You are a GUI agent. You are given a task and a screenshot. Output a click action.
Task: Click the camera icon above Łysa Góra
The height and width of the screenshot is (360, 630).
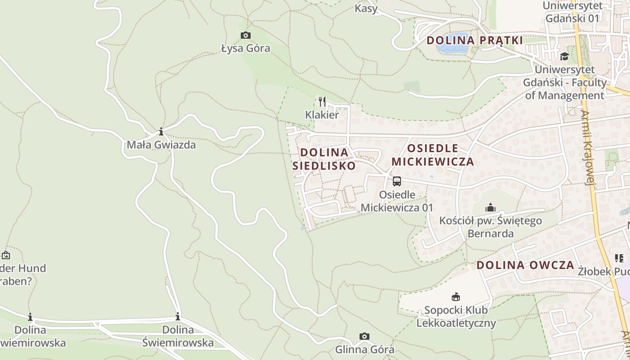point(245,35)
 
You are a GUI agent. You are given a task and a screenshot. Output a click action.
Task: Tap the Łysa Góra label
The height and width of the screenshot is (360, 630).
point(246,48)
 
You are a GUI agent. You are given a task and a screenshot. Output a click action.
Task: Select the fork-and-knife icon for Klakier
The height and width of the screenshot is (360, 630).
point(322,102)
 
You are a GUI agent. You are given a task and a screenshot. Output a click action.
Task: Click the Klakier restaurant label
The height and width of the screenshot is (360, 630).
point(322,115)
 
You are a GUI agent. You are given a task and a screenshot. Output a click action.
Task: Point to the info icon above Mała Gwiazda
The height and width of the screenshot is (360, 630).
point(161,132)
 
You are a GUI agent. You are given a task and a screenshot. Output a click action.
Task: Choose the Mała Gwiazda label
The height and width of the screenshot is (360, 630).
point(161,145)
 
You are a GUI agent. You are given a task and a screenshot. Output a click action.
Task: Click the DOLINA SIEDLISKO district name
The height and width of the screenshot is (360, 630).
point(324,159)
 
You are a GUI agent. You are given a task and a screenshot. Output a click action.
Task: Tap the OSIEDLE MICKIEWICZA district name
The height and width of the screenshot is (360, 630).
point(433,155)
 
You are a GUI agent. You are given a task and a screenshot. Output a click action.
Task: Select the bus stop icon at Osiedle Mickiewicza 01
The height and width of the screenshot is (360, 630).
point(396,181)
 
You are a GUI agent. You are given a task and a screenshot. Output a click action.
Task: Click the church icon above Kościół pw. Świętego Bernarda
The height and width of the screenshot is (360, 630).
point(490,208)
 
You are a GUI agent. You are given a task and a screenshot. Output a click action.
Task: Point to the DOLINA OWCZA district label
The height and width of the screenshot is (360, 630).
point(525,265)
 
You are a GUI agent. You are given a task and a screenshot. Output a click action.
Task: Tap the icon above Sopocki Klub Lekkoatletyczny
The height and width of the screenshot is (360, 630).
point(456,297)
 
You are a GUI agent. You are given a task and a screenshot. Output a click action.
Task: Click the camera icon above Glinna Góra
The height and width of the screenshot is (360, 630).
point(364,336)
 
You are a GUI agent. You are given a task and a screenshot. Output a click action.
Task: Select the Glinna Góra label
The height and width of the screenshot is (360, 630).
point(364,349)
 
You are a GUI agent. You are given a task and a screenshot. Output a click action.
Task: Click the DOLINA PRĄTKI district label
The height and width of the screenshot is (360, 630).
point(475,40)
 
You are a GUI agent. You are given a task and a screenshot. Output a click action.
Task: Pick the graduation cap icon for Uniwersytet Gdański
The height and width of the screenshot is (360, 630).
point(564,56)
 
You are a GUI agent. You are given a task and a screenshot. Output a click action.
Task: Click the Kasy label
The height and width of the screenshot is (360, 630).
point(366,9)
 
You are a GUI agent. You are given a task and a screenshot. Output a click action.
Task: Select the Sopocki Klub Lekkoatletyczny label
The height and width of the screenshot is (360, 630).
point(456,316)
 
